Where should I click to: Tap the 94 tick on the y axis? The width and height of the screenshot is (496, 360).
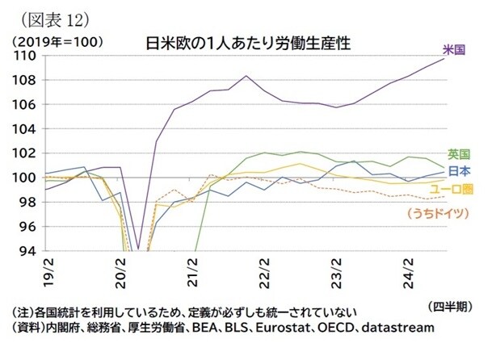click(x=26, y=250)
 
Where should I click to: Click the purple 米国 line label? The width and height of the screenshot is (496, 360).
click(x=455, y=50)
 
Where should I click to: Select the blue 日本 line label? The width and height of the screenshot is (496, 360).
click(x=460, y=170)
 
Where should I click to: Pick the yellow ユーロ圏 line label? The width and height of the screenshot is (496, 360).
click(x=457, y=189)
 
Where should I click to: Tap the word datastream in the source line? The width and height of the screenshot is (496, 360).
click(x=398, y=329)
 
